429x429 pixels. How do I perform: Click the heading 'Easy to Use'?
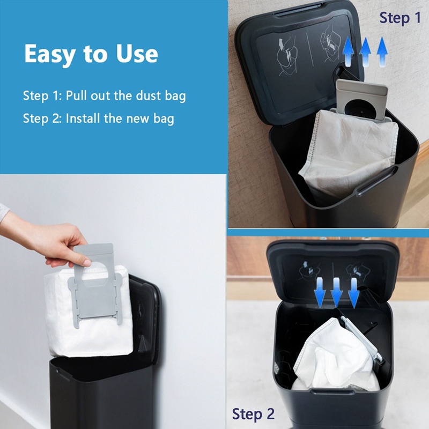[x=91, y=54]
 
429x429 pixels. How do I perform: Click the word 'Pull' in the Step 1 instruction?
[x=76, y=95]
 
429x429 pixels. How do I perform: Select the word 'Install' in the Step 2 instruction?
[x=83, y=119]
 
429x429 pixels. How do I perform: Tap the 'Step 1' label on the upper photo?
[x=400, y=18]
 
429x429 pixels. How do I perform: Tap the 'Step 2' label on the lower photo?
[x=253, y=413]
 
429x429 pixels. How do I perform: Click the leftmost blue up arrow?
[x=347, y=51]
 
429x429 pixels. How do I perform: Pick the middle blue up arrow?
[x=365, y=51]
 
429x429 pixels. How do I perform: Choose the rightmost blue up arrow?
[x=382, y=51]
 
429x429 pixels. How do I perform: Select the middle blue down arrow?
[x=337, y=293]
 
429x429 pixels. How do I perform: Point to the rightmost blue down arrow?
[x=353, y=293]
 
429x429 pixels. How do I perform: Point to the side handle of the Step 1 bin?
[x=376, y=181]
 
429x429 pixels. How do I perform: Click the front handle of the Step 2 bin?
[x=332, y=391]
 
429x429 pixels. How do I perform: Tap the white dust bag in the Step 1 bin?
[x=349, y=151]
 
